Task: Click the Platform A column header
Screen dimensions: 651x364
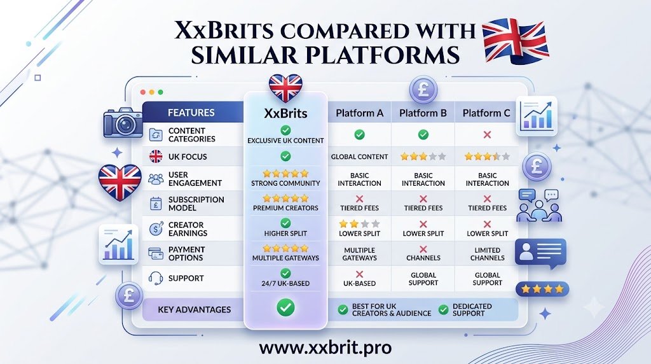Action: (x=360, y=113)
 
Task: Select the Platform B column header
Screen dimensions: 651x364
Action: (x=423, y=113)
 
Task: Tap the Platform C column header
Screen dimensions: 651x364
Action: (x=486, y=113)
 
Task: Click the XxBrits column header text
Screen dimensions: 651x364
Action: (x=285, y=113)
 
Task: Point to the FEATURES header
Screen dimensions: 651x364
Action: (x=191, y=113)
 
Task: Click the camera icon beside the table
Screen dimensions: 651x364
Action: (x=123, y=123)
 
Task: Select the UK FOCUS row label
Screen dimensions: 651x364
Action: (x=188, y=157)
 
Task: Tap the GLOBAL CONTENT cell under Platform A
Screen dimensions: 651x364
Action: (x=360, y=157)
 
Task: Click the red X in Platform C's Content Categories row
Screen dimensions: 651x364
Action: (x=487, y=135)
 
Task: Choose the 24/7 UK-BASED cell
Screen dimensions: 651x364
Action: (x=285, y=283)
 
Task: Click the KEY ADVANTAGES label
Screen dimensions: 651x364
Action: (x=195, y=309)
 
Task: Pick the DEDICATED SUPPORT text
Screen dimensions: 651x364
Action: (x=472, y=309)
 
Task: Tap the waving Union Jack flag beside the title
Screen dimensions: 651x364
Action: (x=516, y=41)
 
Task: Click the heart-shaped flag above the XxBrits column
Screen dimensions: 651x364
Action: (x=285, y=88)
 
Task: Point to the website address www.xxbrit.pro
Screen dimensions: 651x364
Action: (x=325, y=348)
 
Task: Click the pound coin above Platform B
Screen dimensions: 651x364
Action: (x=423, y=90)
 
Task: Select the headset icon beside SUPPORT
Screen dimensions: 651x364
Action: (x=156, y=278)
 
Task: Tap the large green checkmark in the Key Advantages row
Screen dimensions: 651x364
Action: (x=285, y=307)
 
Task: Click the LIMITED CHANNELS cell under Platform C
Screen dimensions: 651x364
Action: (x=488, y=254)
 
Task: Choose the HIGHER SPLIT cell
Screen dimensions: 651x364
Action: (x=285, y=234)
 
